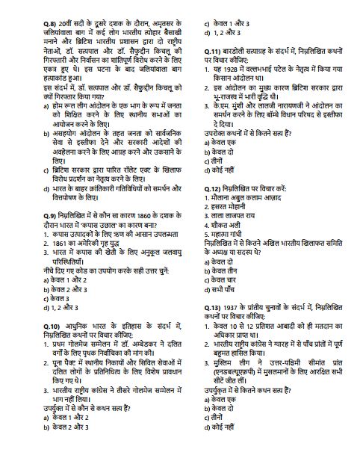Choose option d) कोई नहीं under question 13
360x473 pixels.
tap(223, 447)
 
